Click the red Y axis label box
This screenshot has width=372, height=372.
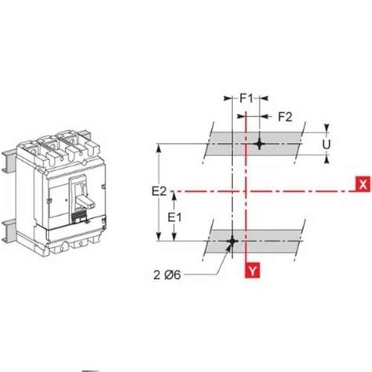[252, 270]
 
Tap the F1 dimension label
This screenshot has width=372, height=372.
[246, 100]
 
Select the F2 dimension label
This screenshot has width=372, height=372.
[284, 117]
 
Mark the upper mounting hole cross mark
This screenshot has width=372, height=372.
[260, 144]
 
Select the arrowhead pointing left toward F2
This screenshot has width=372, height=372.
[262, 117]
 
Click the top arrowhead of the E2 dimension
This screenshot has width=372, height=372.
[160, 146]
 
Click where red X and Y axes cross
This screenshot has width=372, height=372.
[247, 191]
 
